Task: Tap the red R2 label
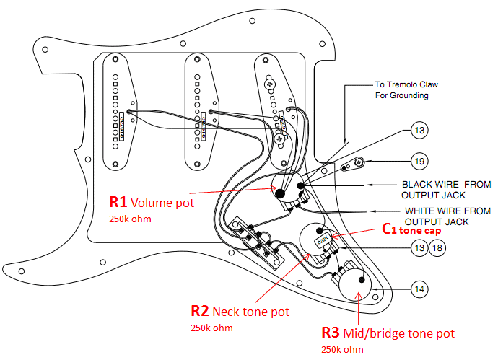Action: click(200, 311)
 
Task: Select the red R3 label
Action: click(331, 334)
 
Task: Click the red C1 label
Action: click(389, 229)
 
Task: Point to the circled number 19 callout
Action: click(419, 161)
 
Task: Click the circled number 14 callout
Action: click(419, 289)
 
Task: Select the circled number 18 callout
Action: click(437, 248)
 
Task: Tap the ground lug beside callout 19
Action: click(354, 165)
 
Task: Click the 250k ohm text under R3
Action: click(342, 350)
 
